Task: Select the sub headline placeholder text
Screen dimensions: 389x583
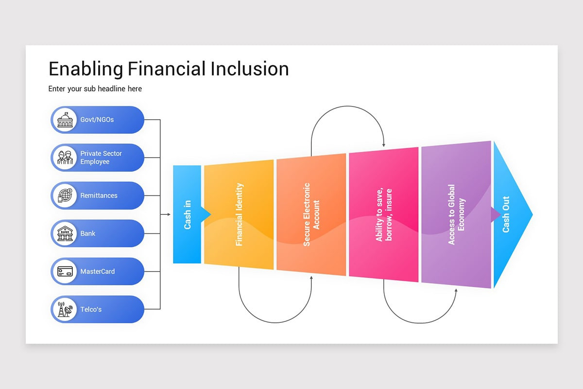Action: coord(95,89)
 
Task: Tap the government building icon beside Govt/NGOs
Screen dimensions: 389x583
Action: coord(65,120)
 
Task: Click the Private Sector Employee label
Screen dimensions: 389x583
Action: coord(101,158)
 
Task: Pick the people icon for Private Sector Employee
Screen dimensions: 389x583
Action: coord(65,158)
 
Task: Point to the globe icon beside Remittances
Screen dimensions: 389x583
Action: coord(65,195)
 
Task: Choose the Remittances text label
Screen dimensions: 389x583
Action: coord(99,195)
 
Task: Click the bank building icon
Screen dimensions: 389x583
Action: coord(65,233)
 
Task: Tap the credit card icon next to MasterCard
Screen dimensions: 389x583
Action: coord(65,271)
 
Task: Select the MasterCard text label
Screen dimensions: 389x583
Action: coord(98,271)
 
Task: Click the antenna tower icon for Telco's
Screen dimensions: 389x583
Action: coord(65,309)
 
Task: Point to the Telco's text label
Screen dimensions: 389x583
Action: coord(91,309)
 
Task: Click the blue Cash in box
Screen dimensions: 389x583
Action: coord(187,214)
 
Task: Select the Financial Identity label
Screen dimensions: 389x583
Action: coord(239,214)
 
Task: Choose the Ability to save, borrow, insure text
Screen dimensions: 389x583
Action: coord(383,214)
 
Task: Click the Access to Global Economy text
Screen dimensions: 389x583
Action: coord(456,214)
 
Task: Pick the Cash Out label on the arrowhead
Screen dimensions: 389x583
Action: coord(506,214)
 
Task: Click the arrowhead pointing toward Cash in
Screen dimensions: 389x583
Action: coord(168,214)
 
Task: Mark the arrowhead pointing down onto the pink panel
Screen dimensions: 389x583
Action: coord(384,144)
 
